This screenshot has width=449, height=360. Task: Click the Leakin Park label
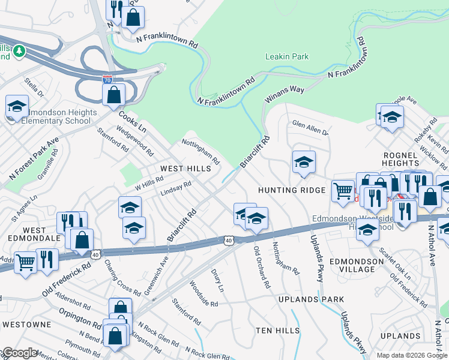point(287,57)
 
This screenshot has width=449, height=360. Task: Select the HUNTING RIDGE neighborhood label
point(291,190)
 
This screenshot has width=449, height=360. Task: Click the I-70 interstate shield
point(107,78)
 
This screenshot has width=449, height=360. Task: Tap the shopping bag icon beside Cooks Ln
point(113,95)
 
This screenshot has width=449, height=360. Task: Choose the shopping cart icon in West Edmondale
point(25,263)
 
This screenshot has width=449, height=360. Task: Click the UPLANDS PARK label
point(312,299)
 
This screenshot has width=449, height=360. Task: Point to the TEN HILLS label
point(277,331)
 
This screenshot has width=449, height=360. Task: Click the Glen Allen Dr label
point(310,128)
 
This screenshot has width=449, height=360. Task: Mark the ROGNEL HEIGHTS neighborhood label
point(400,159)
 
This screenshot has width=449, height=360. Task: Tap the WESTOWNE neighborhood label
point(22,324)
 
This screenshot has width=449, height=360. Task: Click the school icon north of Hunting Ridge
point(304,162)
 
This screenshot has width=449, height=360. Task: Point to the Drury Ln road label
point(217,280)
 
